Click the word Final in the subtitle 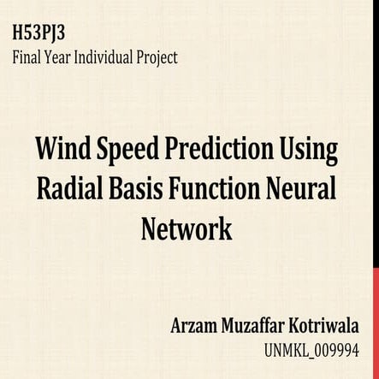pyautogui.click(x=27, y=58)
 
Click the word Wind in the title pyautogui.click(x=62, y=151)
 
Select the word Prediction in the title pyautogui.click(x=213, y=151)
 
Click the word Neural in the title pyautogui.click(x=307, y=190)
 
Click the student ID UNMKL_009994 pyautogui.click(x=321, y=350)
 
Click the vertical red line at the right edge pyautogui.click(x=373, y=189)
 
